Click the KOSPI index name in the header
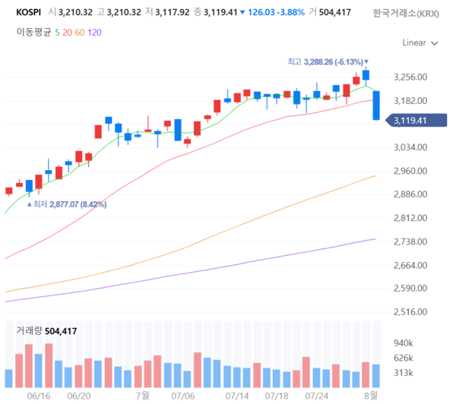(x=28, y=12)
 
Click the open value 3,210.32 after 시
(x=80, y=12)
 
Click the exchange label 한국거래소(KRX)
(x=405, y=13)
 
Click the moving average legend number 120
(x=94, y=32)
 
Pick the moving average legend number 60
(x=79, y=32)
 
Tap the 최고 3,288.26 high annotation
(x=327, y=62)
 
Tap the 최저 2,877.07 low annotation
(x=69, y=204)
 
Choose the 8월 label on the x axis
(x=372, y=396)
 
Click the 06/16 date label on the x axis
(x=37, y=396)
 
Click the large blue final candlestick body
(x=376, y=105)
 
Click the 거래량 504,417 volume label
(x=46, y=330)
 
